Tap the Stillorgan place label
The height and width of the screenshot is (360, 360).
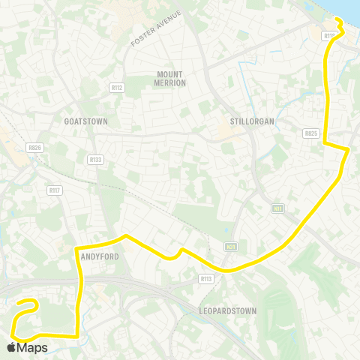(249, 120)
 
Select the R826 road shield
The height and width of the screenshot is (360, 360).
(33, 148)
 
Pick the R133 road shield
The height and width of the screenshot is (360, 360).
(95, 159)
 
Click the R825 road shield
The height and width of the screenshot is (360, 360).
(311, 133)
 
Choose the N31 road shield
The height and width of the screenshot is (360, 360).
(230, 246)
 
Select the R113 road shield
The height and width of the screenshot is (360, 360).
(206, 278)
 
